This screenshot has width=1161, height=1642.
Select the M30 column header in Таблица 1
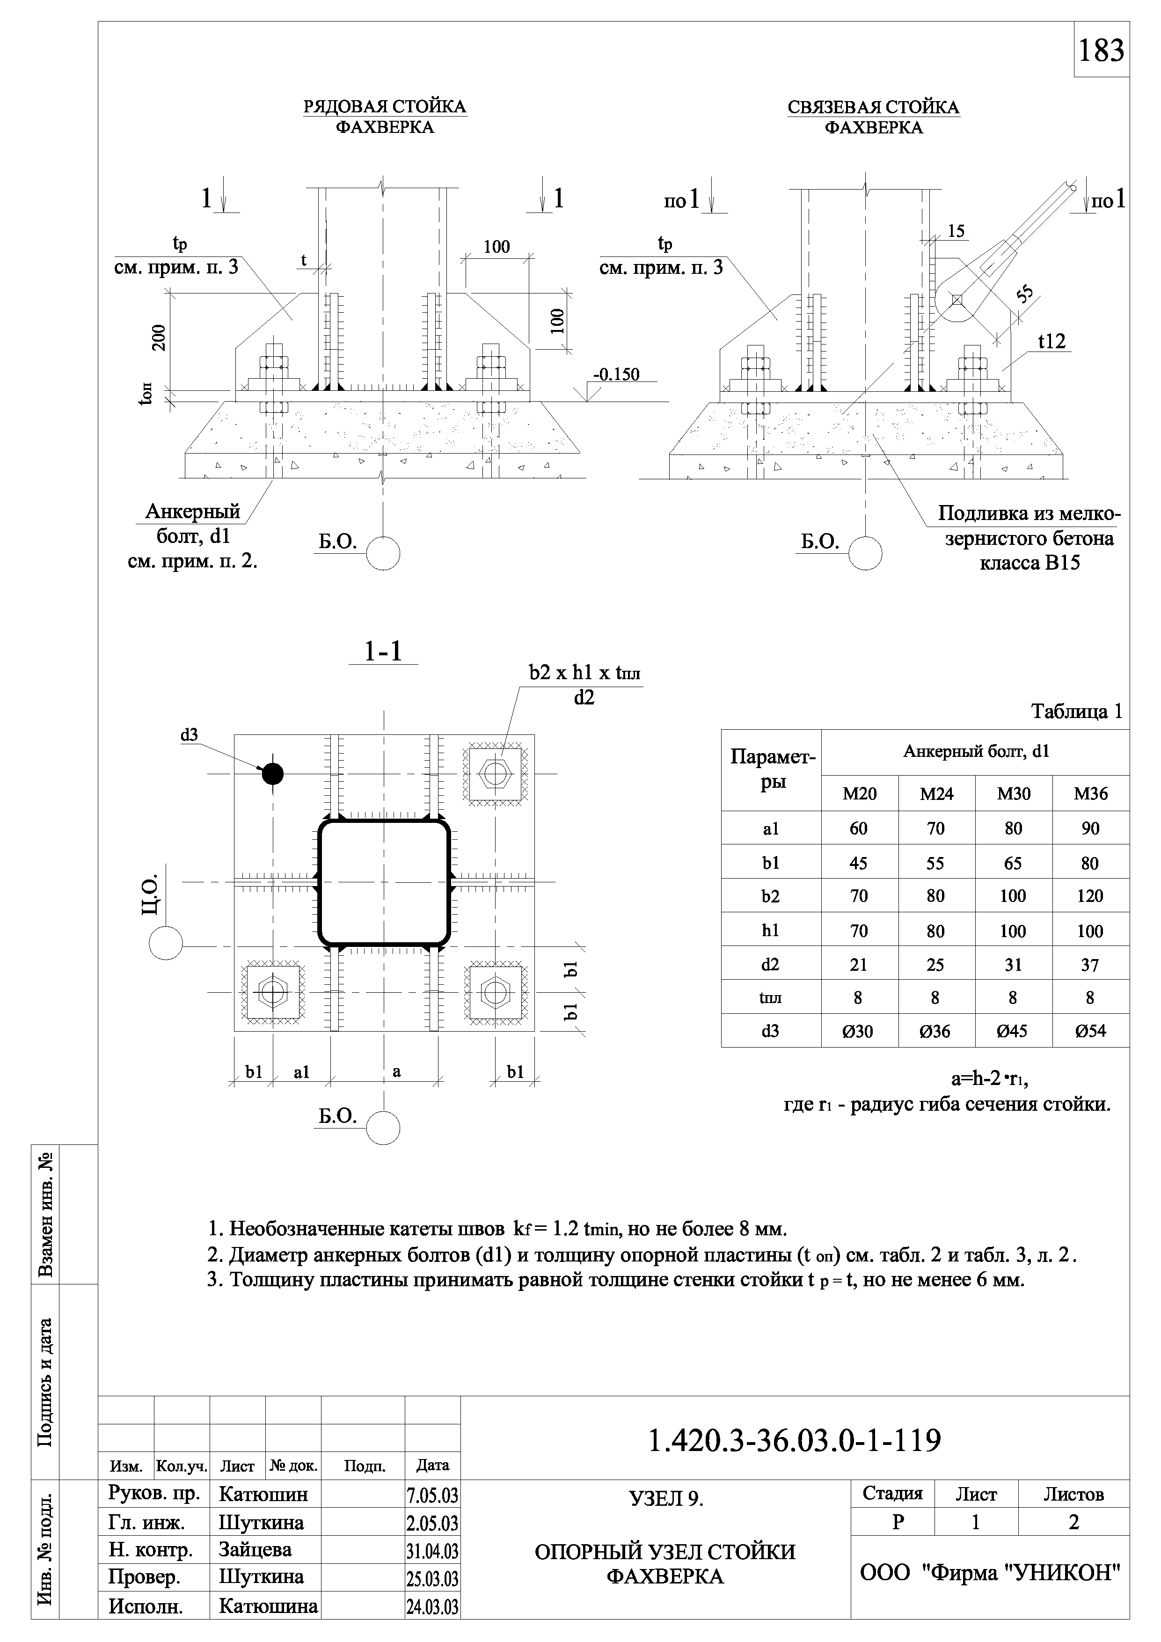tap(1013, 793)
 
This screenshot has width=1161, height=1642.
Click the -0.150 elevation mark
tap(616, 374)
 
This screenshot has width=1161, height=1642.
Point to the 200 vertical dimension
tap(159, 337)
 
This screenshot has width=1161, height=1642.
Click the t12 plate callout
tap(1051, 342)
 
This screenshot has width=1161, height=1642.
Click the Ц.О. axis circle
tap(166, 943)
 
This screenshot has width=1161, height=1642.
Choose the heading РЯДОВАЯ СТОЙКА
tap(385, 107)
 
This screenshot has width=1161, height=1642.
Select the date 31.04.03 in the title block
tap(432, 1550)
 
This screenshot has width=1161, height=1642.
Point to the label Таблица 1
tap(1076, 711)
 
